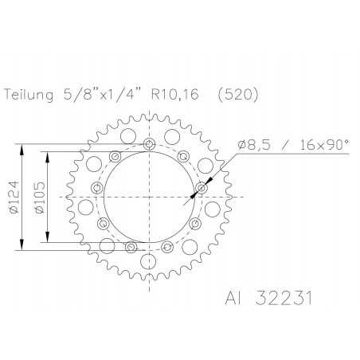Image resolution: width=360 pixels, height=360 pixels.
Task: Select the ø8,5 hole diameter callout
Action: point(256,146)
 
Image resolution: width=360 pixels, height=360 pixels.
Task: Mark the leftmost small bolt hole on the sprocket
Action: point(98,189)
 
